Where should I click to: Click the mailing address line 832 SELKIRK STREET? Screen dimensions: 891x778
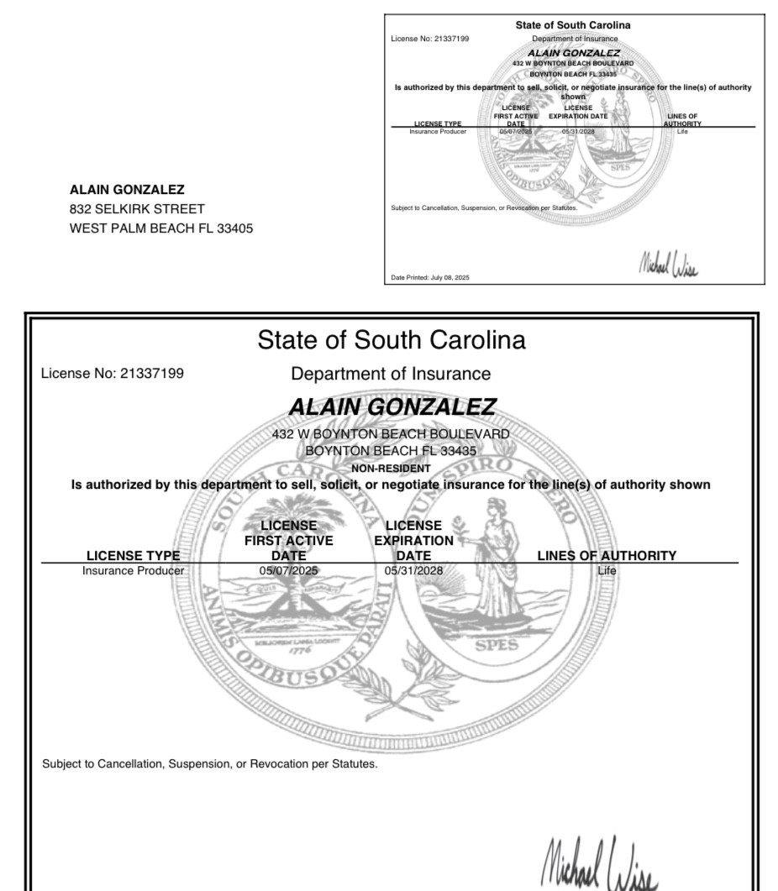coord(137,209)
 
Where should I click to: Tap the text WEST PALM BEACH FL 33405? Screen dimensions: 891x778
coord(161,228)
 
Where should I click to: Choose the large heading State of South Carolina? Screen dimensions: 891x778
coord(392,340)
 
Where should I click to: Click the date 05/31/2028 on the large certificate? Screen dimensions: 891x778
coord(413,571)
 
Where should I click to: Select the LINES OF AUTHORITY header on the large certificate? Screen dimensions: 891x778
coord(607,555)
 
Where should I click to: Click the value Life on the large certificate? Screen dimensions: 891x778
coord(607,571)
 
